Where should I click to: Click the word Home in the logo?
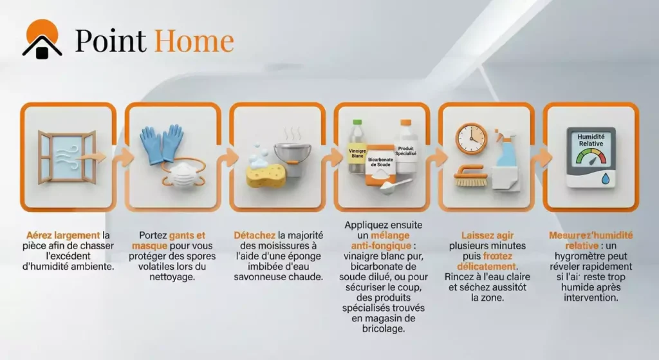193,41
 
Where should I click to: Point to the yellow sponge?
265,175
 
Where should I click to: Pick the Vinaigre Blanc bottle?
356,148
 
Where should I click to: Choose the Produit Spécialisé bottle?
407,148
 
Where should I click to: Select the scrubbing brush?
471,176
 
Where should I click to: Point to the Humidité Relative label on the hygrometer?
589,140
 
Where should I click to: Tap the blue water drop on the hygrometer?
606,178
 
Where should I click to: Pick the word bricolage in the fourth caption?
383,328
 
